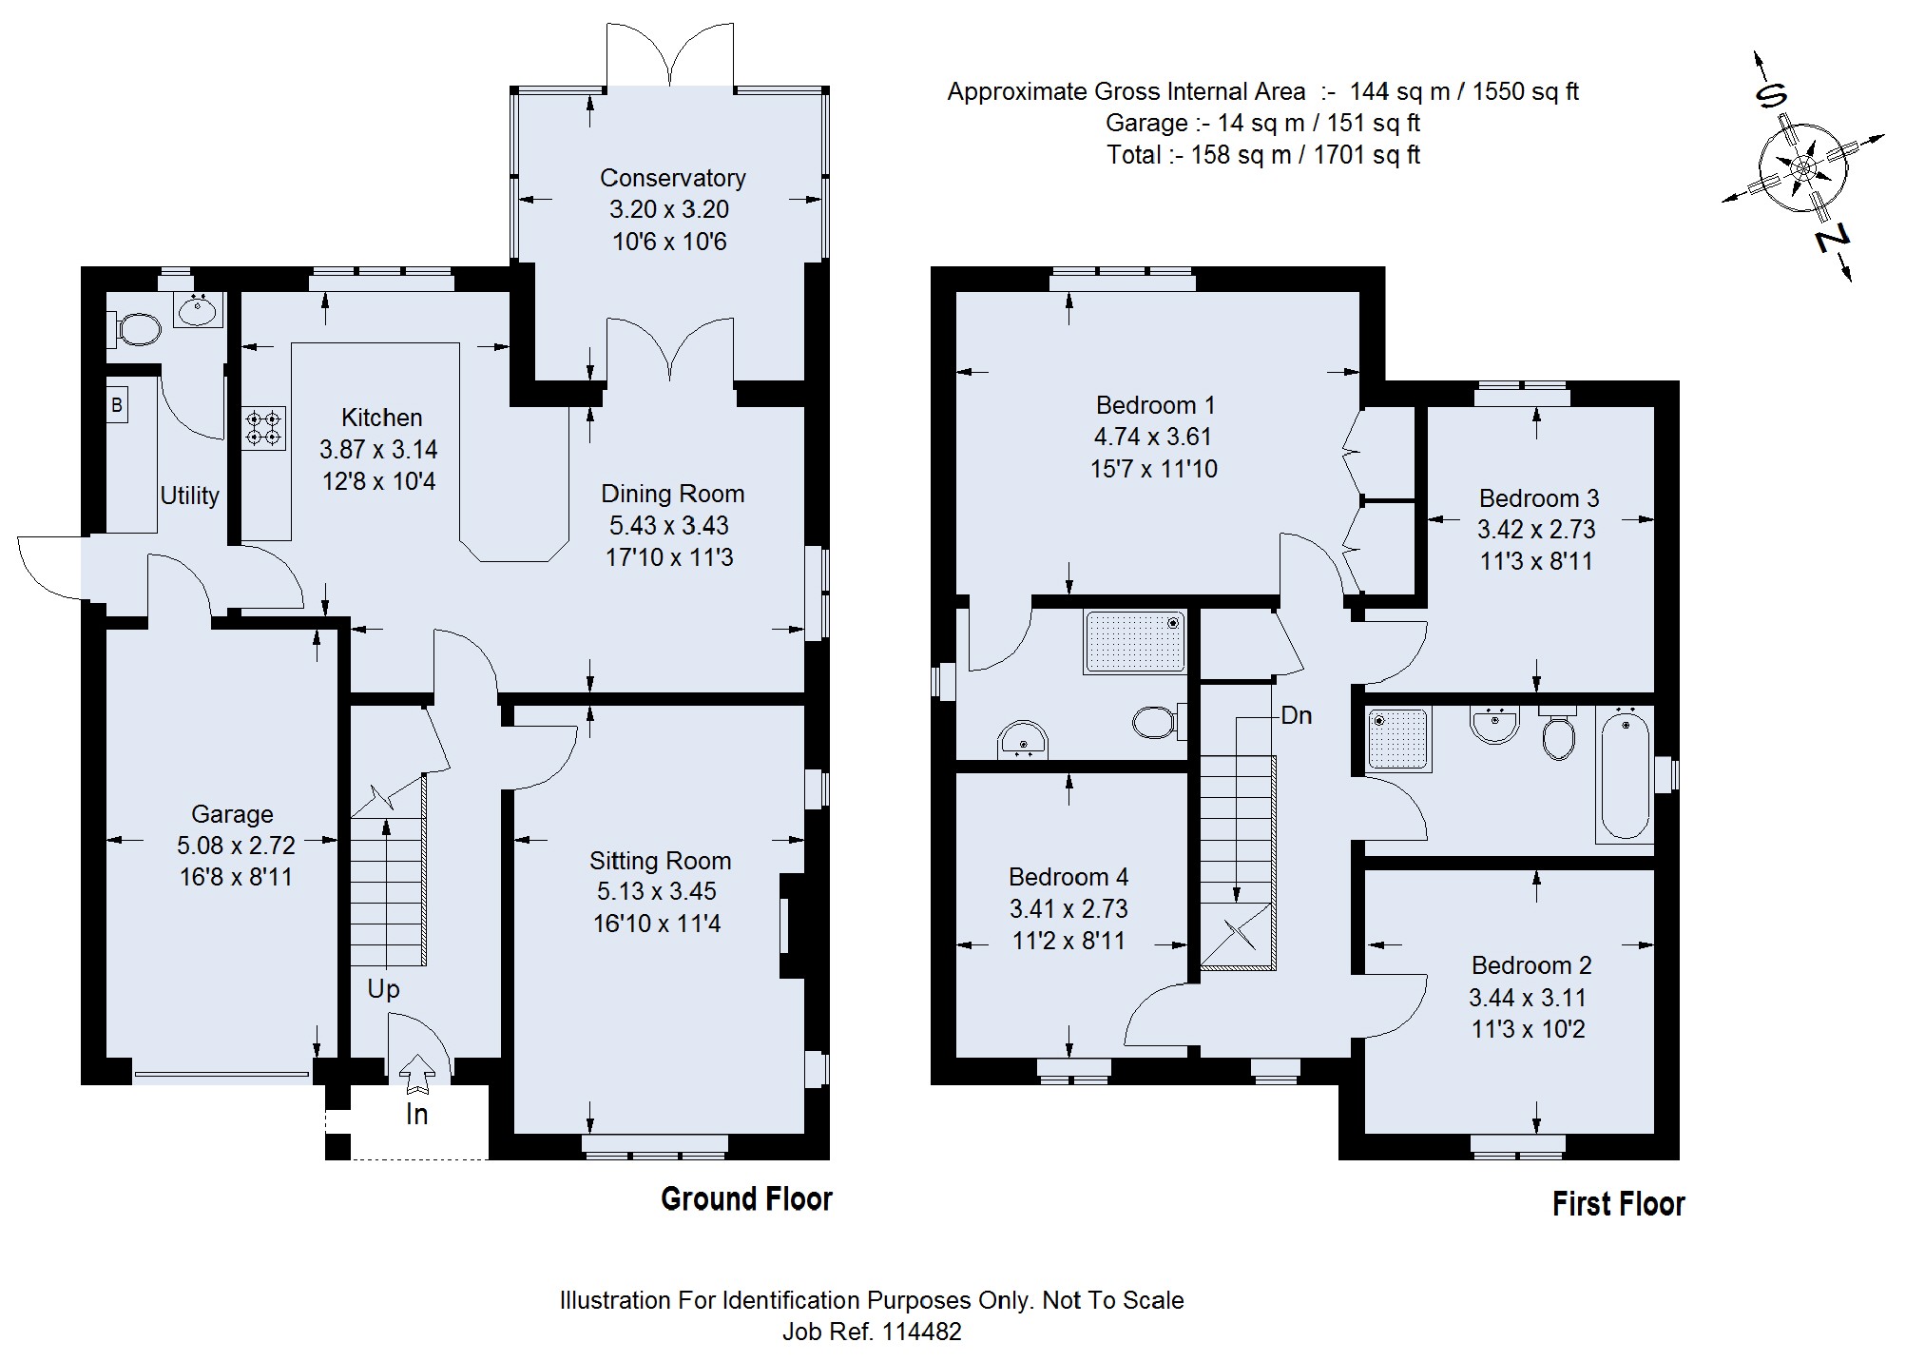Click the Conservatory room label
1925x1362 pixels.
pos(672,178)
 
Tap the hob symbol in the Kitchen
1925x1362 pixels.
pos(264,428)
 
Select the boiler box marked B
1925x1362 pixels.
pos(117,405)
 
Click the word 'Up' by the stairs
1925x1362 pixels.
pos(383,989)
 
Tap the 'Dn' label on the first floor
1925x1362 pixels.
pos(1296,715)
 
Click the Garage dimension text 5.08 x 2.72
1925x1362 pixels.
pos(236,845)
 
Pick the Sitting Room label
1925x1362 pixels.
pos(660,861)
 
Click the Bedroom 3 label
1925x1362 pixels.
pos(1538,498)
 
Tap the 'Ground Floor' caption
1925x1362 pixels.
pos(746,1199)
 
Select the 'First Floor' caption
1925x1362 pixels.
pos(1618,1204)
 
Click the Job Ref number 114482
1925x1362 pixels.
pos(921,1332)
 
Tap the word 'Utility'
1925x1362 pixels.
pos(189,496)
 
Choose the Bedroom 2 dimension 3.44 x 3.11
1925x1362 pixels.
pos(1527,998)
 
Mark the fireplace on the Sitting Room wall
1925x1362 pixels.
pos(791,925)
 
